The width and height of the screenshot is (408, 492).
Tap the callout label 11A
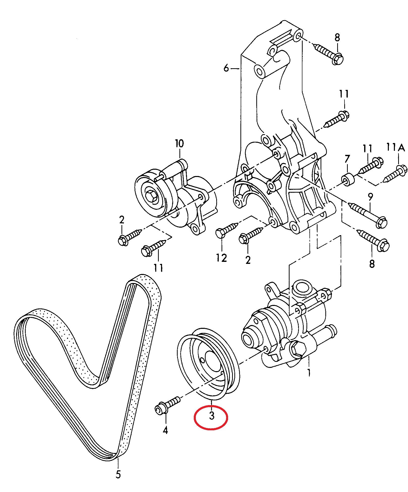click(x=395, y=147)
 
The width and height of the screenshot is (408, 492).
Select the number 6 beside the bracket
click(x=226, y=68)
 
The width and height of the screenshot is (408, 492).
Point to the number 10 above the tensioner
click(x=179, y=144)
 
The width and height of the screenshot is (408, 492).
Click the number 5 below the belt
click(x=118, y=474)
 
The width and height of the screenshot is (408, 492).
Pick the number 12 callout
click(x=222, y=258)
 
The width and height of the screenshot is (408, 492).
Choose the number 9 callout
click(x=370, y=197)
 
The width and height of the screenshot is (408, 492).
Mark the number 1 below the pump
click(x=309, y=372)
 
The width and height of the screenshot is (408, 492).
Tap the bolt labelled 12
click(x=226, y=230)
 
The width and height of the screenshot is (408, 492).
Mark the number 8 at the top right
click(x=337, y=38)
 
